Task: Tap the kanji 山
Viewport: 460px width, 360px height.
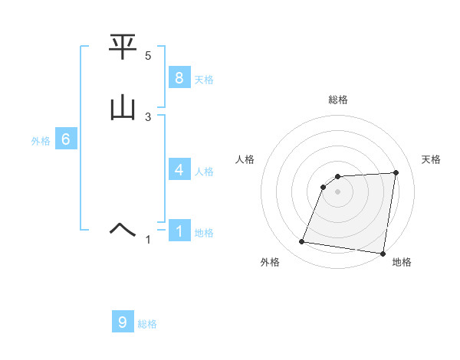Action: [123, 107]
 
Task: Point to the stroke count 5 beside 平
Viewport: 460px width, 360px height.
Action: [148, 56]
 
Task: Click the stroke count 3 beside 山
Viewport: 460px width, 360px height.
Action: [148, 116]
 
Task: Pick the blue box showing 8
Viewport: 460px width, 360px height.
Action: [179, 78]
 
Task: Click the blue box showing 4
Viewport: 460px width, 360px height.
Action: [179, 170]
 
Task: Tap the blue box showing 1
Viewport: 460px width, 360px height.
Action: [179, 231]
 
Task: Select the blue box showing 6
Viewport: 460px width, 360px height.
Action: [66, 139]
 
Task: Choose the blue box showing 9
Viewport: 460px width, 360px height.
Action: [123, 322]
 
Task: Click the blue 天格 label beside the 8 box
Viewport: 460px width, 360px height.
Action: [204, 80]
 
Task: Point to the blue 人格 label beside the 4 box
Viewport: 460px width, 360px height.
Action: [204, 172]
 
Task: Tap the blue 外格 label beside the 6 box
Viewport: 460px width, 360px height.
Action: [41, 141]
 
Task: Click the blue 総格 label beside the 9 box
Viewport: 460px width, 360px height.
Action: [147, 324]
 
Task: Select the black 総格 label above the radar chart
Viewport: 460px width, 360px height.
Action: [338, 100]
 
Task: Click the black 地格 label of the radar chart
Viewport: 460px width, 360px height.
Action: [402, 262]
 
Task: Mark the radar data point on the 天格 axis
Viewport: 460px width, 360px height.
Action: [396, 173]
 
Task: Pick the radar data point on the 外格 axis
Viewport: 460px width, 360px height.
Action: [302, 242]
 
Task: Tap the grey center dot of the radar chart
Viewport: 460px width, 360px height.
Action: [338, 191]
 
